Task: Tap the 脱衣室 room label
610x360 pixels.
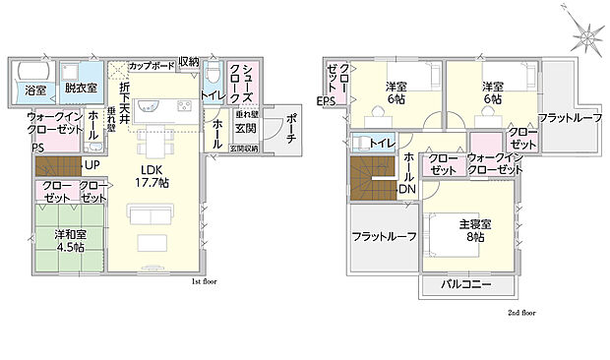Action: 80,88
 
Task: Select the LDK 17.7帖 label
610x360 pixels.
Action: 152,176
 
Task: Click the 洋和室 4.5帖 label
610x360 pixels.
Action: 62,240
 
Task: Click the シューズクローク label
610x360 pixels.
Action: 242,86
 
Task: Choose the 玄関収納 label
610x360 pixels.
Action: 244,149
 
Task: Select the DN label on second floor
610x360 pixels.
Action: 406,189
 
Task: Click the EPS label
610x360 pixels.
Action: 326,101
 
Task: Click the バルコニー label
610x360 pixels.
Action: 467,285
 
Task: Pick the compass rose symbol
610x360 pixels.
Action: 586,37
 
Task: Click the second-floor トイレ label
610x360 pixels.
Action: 383,144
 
